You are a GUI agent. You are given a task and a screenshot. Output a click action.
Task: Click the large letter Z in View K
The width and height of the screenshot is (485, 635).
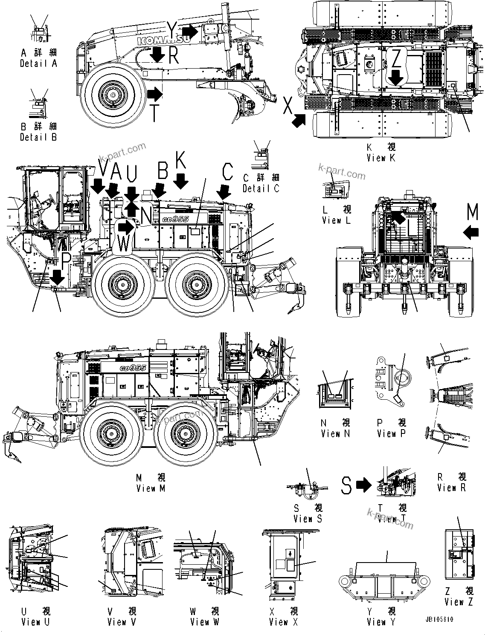pos(396,60)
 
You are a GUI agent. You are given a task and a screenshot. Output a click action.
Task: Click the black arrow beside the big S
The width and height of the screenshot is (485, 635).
pos(364,485)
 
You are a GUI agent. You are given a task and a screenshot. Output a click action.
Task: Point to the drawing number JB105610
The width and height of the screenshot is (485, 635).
pos(439,620)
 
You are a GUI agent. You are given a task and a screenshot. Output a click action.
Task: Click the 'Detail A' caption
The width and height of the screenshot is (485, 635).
pos(38,63)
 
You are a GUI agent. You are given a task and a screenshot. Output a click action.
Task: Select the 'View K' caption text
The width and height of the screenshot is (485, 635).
pos(381,158)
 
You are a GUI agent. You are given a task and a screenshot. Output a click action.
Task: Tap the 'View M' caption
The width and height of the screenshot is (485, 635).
pos(151,488)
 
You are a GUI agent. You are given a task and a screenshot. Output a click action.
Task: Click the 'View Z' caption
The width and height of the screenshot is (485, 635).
pos(459,602)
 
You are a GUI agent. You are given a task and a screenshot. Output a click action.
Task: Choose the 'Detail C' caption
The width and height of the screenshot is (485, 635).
pos(261,188)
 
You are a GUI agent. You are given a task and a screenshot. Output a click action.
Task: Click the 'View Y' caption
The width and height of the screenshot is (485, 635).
pos(381,622)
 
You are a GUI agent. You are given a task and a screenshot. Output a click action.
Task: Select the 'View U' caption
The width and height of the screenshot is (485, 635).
pos(35,622)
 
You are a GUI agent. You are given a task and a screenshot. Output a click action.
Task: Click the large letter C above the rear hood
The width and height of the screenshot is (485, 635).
pos(227,172)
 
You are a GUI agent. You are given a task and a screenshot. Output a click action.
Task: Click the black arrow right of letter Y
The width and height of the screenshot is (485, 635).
pos(190,31)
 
